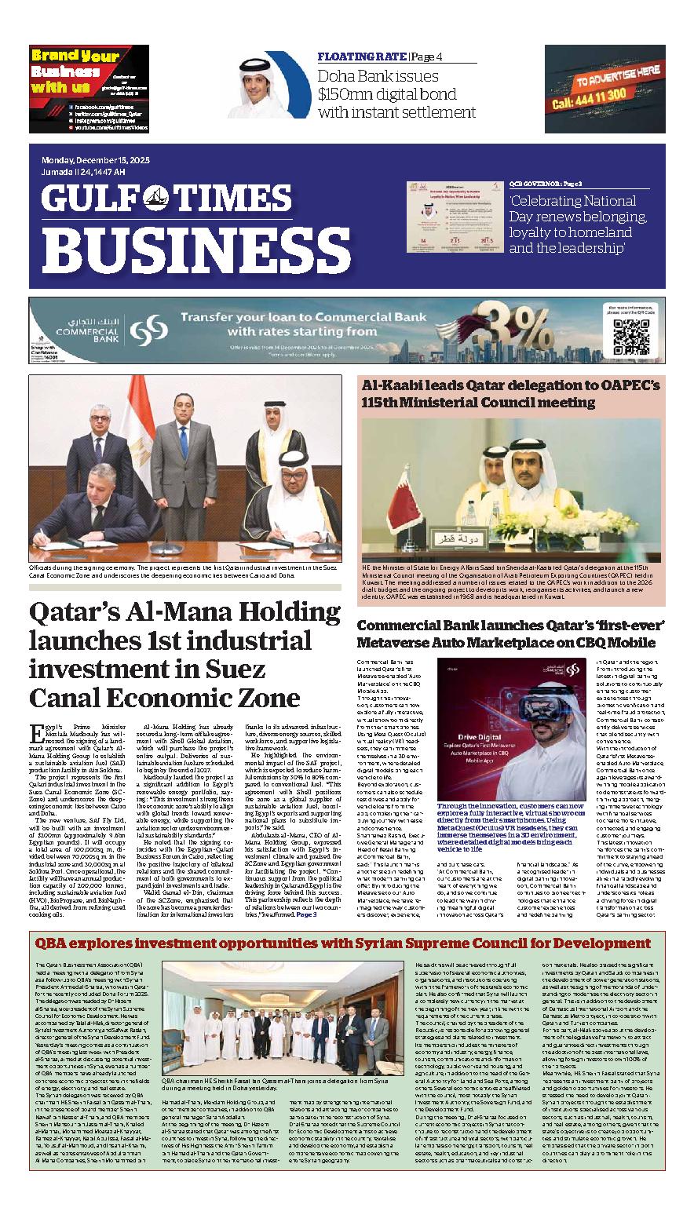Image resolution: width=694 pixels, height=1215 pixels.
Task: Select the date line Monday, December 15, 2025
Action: (95, 160)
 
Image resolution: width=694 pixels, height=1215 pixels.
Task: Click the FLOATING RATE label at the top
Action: (361, 57)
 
